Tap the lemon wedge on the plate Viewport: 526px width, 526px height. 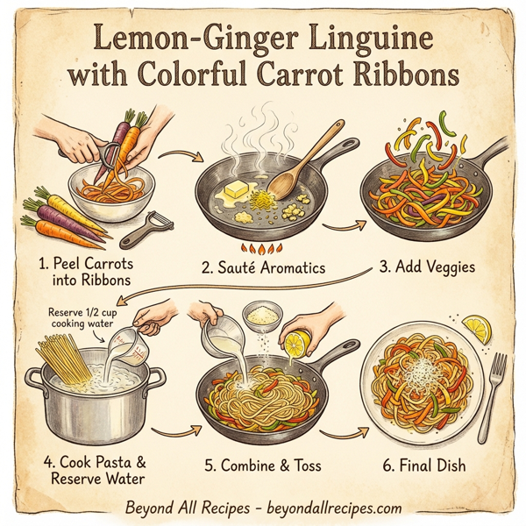(479, 330)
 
